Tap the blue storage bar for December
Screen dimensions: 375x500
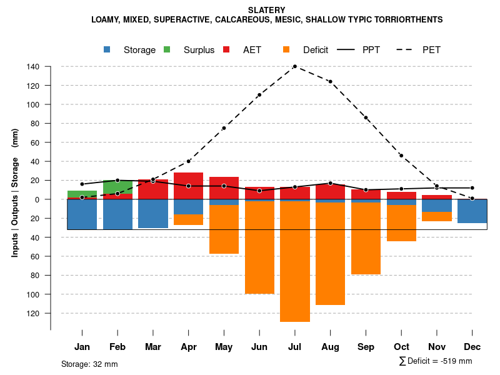pyautogui.click(x=472, y=211)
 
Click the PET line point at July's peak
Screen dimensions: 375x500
pyautogui.click(x=294, y=66)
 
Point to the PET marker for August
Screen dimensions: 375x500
pyautogui.click(x=330, y=81)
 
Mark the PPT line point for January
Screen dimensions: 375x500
pyautogui.click(x=82, y=184)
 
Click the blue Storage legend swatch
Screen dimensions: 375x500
pyautogui.click(x=107, y=49)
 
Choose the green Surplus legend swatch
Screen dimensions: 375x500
pyautogui.click(x=167, y=49)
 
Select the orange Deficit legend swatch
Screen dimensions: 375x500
pyautogui.click(x=287, y=49)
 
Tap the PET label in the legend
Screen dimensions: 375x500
pyautogui.click(x=431, y=50)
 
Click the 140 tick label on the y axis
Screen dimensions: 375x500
pyautogui.click(x=33, y=67)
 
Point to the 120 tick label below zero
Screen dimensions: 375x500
pyautogui.click(x=33, y=313)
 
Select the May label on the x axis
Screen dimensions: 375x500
pyautogui.click(x=224, y=347)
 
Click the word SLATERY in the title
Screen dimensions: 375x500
pyautogui.click(x=267, y=10)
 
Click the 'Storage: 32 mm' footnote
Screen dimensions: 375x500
pyautogui.click(x=89, y=364)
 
